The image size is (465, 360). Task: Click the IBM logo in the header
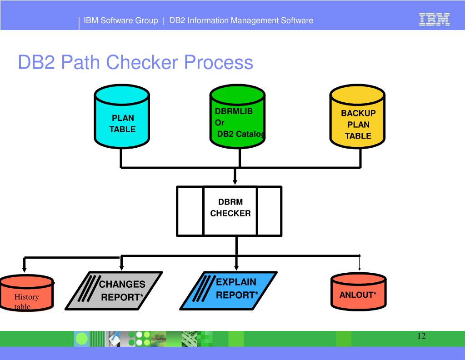coord(435,20)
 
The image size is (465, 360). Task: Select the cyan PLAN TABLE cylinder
coord(121,116)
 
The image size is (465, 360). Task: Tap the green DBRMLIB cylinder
coord(237,116)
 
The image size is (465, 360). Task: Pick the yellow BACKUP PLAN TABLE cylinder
coord(357,116)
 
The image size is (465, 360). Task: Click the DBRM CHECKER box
coord(229,211)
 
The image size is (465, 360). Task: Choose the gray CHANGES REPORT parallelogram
coord(114,290)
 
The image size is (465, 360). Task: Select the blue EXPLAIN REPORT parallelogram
coord(229,290)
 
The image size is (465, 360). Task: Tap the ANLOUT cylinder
coord(359,291)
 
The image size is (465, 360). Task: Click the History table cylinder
coord(27,293)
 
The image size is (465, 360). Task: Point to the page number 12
coord(421,336)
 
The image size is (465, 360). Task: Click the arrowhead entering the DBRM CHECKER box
coord(235,182)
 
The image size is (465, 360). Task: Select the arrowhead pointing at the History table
coord(24,269)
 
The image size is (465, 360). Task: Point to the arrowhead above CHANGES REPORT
coord(121,267)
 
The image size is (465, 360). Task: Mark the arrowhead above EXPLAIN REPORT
coord(236,267)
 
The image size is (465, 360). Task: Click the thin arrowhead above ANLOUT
coord(360,269)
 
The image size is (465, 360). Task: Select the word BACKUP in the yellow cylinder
coord(358,113)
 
